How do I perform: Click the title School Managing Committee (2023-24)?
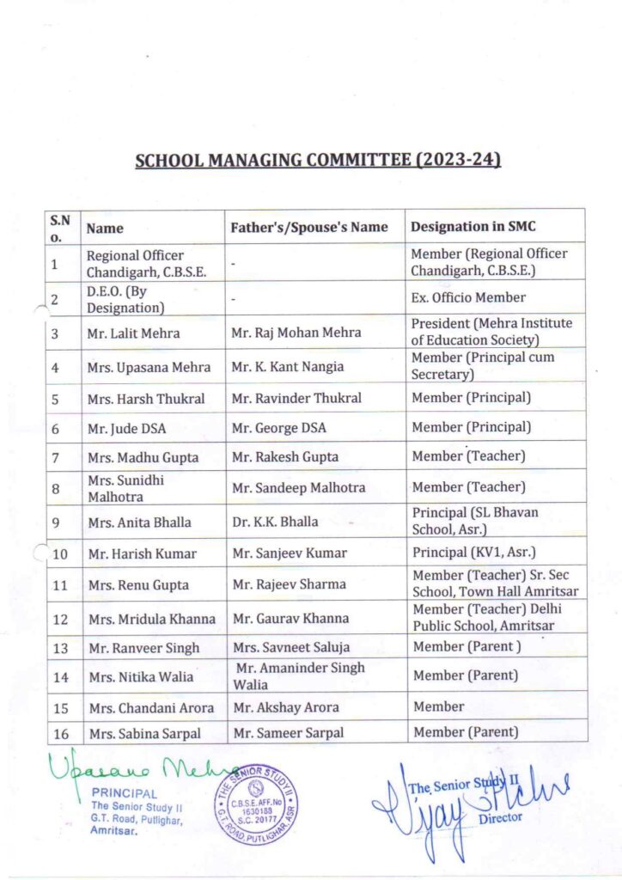point(318,161)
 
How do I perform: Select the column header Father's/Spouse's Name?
point(309,228)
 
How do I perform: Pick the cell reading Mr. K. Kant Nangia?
point(288,367)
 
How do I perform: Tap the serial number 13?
point(60,648)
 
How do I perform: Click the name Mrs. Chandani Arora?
point(141,708)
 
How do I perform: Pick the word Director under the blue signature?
point(500,817)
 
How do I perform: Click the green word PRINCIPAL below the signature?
point(124,794)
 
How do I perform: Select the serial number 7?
point(55,457)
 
